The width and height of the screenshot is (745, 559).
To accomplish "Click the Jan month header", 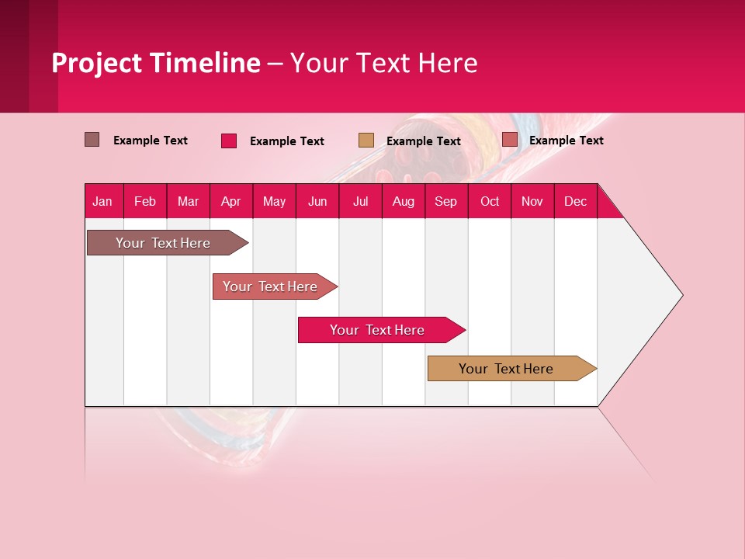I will (103, 201).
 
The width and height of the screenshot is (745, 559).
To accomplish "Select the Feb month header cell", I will (145, 201).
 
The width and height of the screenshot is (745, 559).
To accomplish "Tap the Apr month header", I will (231, 201).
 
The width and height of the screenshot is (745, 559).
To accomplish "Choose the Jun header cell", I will (317, 201).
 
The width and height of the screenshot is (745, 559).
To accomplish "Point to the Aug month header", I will (404, 201).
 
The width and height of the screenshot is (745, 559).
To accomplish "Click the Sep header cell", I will (446, 201).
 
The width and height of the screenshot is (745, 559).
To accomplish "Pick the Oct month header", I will (490, 201).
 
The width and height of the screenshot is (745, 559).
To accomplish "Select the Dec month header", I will (576, 201).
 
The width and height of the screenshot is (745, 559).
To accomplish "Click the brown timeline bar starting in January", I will (163, 243).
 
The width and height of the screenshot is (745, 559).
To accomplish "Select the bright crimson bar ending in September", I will (377, 330).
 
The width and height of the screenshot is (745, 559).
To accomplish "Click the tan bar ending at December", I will (506, 369).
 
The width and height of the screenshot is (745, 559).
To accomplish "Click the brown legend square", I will (92, 140).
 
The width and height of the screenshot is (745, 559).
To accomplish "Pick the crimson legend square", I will (229, 141).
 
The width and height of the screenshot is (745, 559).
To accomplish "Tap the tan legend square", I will (366, 140).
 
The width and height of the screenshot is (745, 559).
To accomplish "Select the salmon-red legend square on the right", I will (510, 140).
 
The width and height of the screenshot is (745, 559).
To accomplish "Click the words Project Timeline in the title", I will (156, 63).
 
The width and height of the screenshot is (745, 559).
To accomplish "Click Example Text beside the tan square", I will (424, 141).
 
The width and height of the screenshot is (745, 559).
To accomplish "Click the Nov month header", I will (532, 201).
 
